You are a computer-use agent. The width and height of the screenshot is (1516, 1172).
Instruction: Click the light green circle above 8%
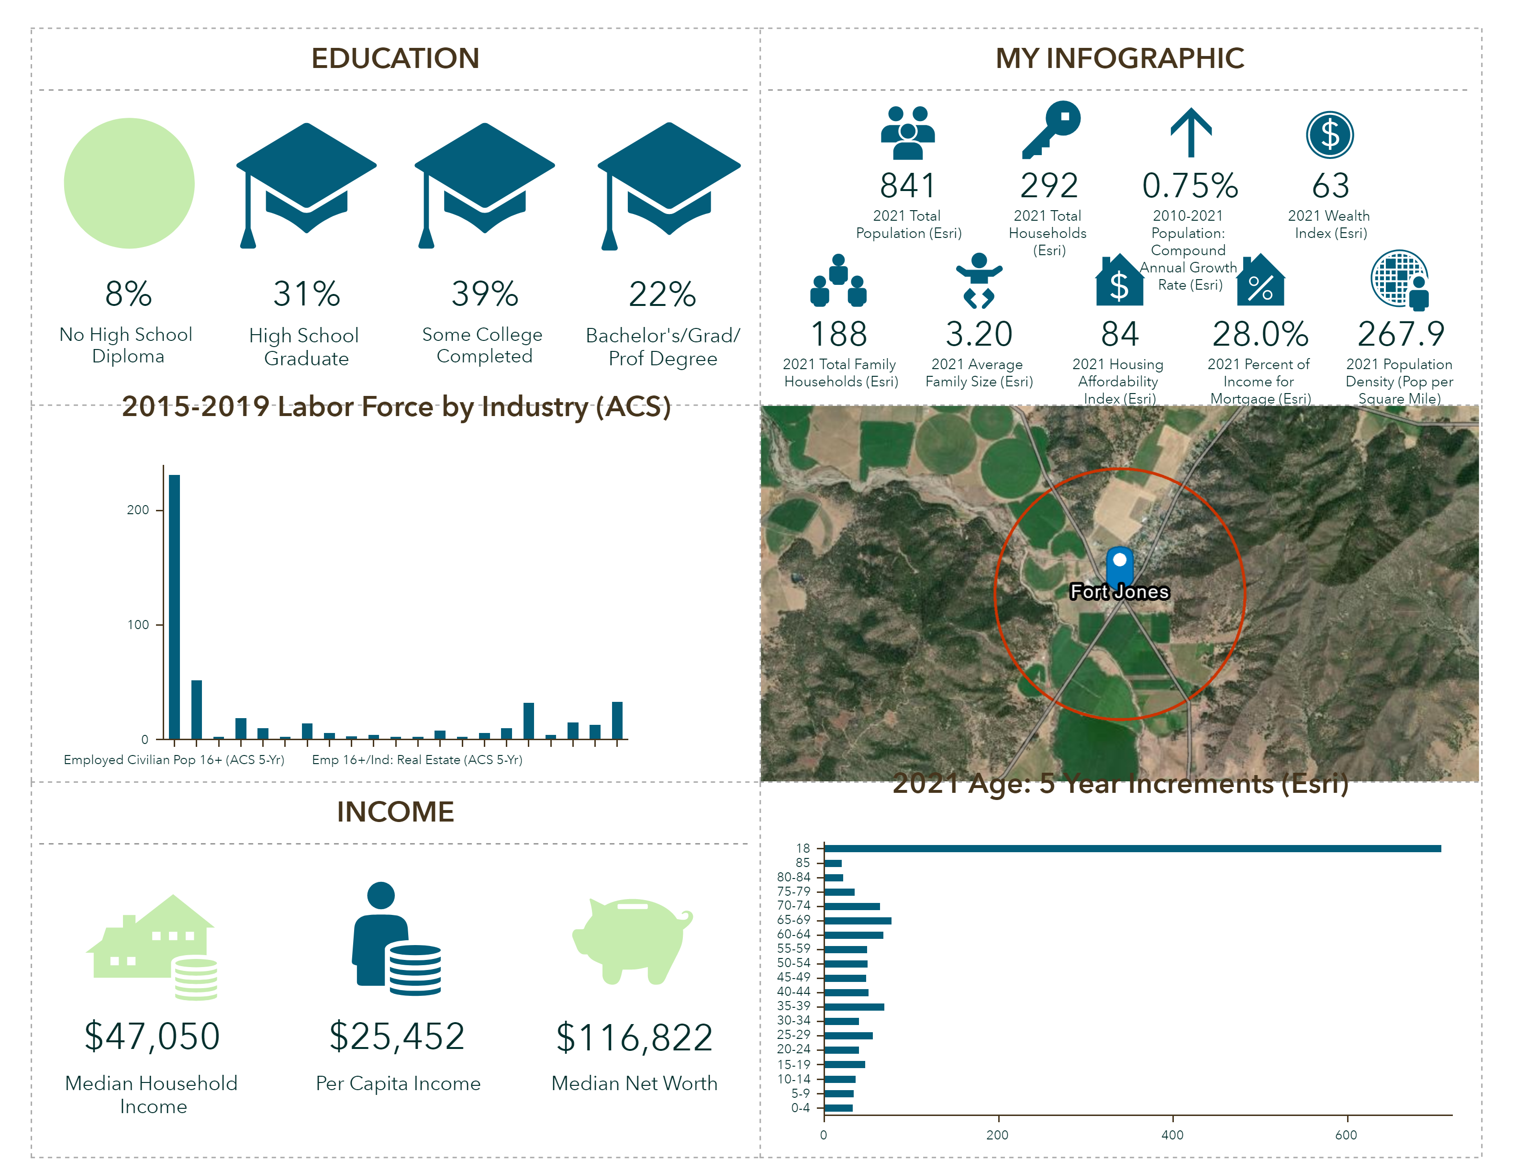point(129,183)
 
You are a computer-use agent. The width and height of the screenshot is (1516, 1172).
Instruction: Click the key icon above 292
point(1051,130)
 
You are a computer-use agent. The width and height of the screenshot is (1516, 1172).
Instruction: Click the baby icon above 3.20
point(979,281)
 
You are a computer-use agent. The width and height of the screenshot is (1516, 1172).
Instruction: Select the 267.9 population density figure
point(1401,334)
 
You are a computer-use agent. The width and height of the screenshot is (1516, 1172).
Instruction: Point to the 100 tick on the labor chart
point(138,625)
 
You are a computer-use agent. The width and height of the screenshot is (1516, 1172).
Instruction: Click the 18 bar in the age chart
point(1131,848)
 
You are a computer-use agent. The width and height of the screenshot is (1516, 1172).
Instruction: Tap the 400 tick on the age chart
point(1172,1135)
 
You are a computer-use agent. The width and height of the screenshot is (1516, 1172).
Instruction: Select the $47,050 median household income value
point(152,1036)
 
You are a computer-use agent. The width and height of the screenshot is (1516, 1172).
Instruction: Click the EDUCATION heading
point(395,58)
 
